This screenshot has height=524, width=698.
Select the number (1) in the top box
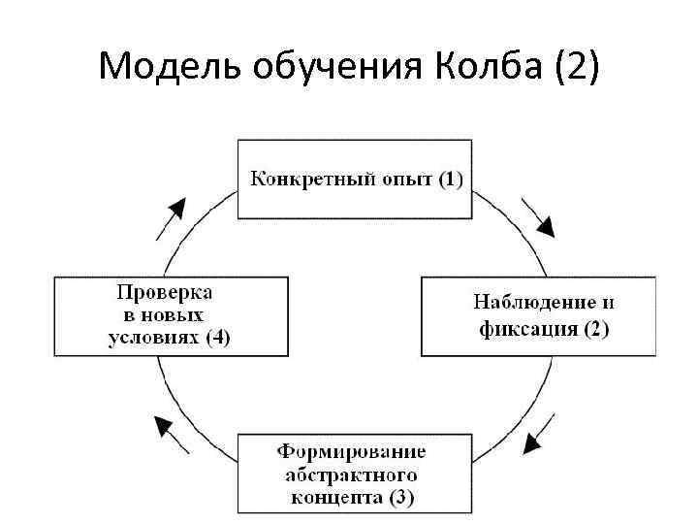point(450,179)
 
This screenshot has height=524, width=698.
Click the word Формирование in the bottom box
point(352,452)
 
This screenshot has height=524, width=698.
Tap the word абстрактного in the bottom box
point(352,475)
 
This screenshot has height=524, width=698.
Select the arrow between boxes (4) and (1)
point(171,217)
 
